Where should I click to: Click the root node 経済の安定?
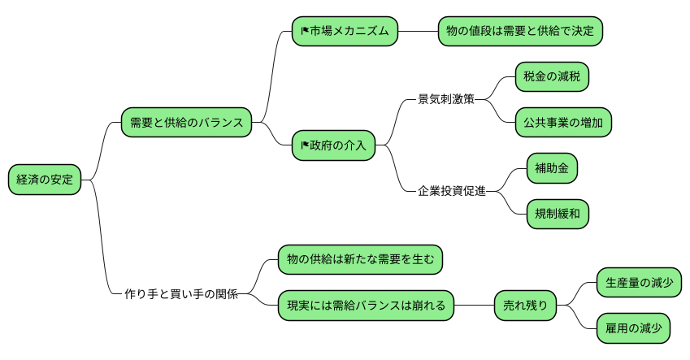click(45, 180)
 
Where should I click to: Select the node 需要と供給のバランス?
click(186, 123)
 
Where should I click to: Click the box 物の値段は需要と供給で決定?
click(520, 32)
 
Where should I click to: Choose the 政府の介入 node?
click(333, 146)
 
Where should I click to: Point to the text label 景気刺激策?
click(445, 100)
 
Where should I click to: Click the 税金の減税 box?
click(552, 77)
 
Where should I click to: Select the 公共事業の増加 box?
click(563, 123)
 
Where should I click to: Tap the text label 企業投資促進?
click(451, 192)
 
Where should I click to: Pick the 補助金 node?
click(552, 168)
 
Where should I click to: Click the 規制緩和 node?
click(557, 214)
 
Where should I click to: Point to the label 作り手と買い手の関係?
click(180, 294)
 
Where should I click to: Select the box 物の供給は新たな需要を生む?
click(360, 260)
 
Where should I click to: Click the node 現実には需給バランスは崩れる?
click(366, 306)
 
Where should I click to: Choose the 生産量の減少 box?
click(638, 283)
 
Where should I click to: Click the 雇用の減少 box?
click(633, 328)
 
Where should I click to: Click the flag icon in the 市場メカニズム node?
click(305, 33)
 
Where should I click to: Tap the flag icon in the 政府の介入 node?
click(305, 147)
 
